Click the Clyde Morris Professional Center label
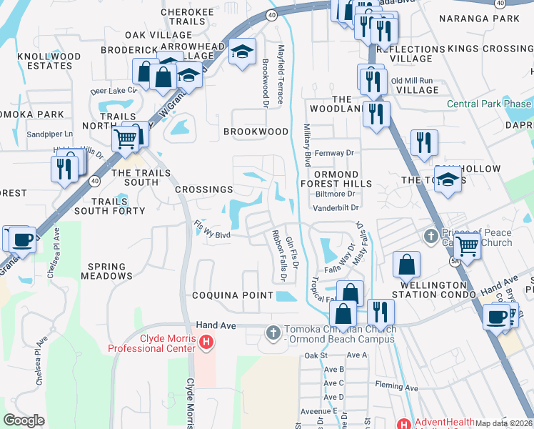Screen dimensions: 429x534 point(151,342)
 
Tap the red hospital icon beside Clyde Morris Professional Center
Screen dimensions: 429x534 point(206,343)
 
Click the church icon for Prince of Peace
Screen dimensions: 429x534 point(430,237)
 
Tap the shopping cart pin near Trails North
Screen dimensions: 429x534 point(126,139)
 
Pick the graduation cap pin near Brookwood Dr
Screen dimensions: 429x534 point(243,52)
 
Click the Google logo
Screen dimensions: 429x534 point(24,420)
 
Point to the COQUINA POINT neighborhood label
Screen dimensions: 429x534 point(232,295)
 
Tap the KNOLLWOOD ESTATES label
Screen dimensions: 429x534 point(49,60)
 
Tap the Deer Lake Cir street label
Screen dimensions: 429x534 point(114,91)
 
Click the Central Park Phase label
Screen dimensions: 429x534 point(488,104)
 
